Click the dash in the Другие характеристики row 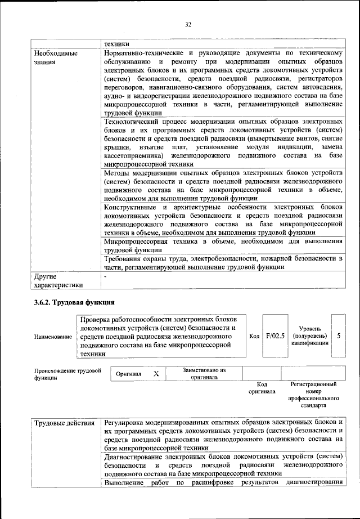tap(105, 276)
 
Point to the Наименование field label tap(53, 336)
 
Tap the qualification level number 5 tap(339, 335)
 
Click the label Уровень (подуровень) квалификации tap(309, 335)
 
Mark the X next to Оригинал tap(156, 374)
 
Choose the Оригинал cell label tap(129, 374)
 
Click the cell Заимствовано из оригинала tap(204, 374)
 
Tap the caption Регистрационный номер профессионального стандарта tap(313, 394)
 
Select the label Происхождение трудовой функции tap(67, 374)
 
